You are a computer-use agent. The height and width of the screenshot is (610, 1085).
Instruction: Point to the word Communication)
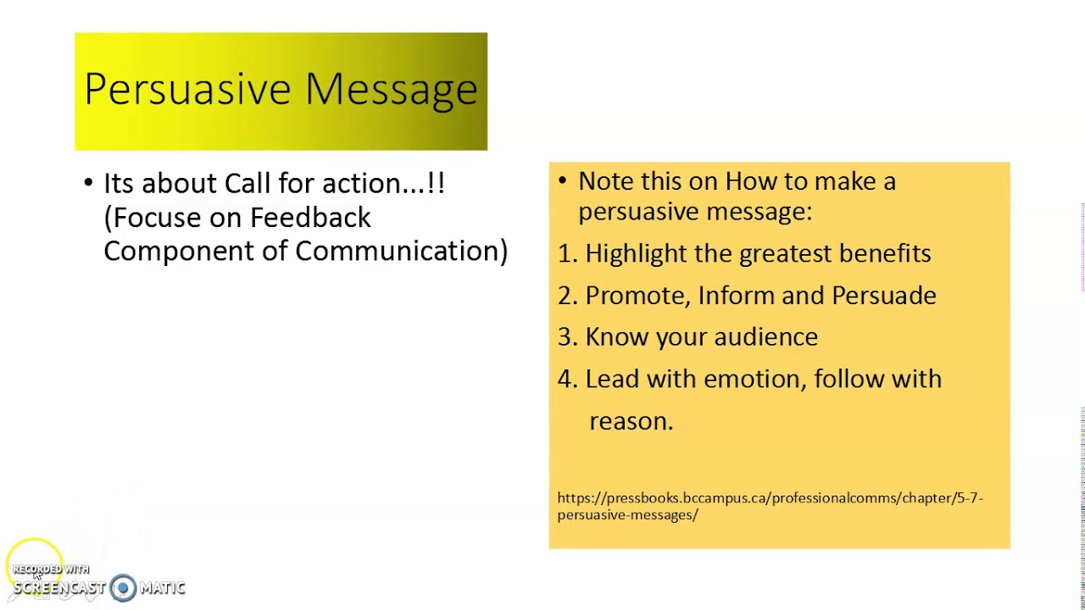tap(401, 251)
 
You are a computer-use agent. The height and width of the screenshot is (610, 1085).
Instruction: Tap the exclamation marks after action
tap(437, 183)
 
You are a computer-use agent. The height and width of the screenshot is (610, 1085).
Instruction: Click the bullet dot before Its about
tap(89, 183)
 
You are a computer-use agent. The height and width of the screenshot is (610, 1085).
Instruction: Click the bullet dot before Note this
tap(564, 180)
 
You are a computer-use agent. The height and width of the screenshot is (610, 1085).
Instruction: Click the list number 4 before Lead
tap(565, 379)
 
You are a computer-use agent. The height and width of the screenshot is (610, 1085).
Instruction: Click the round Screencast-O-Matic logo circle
tap(123, 588)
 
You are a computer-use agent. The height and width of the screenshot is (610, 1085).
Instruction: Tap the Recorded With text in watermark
tap(51, 569)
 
